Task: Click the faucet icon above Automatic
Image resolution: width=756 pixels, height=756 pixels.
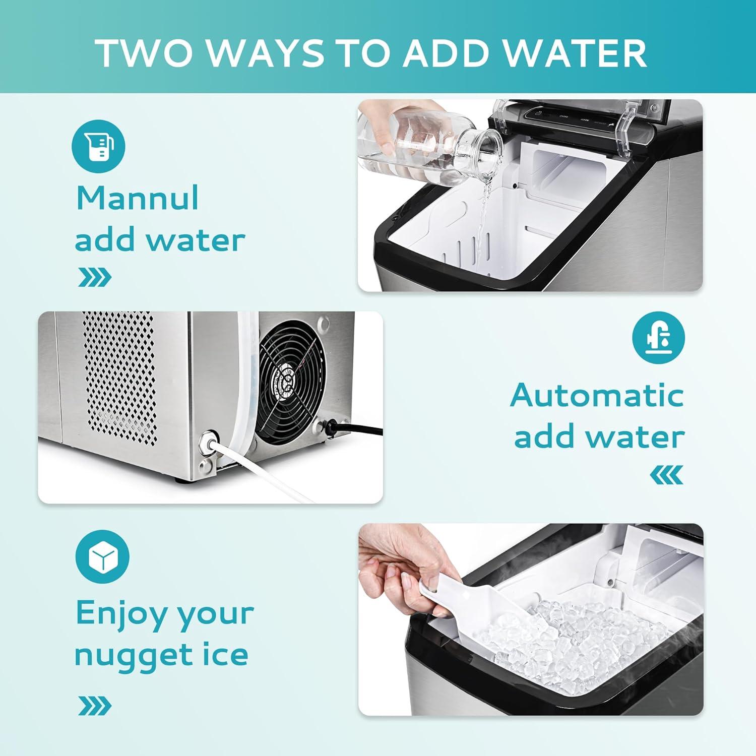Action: (658, 338)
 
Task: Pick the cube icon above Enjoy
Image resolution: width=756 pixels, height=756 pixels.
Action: (102, 557)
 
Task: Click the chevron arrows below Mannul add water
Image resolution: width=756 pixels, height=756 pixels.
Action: (95, 277)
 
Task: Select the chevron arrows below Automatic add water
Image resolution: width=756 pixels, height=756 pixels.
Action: (666, 474)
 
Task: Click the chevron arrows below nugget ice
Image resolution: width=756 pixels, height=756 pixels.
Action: (95, 706)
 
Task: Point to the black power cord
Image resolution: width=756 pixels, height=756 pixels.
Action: (358, 429)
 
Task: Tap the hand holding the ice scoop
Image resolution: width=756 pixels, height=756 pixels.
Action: (398, 575)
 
